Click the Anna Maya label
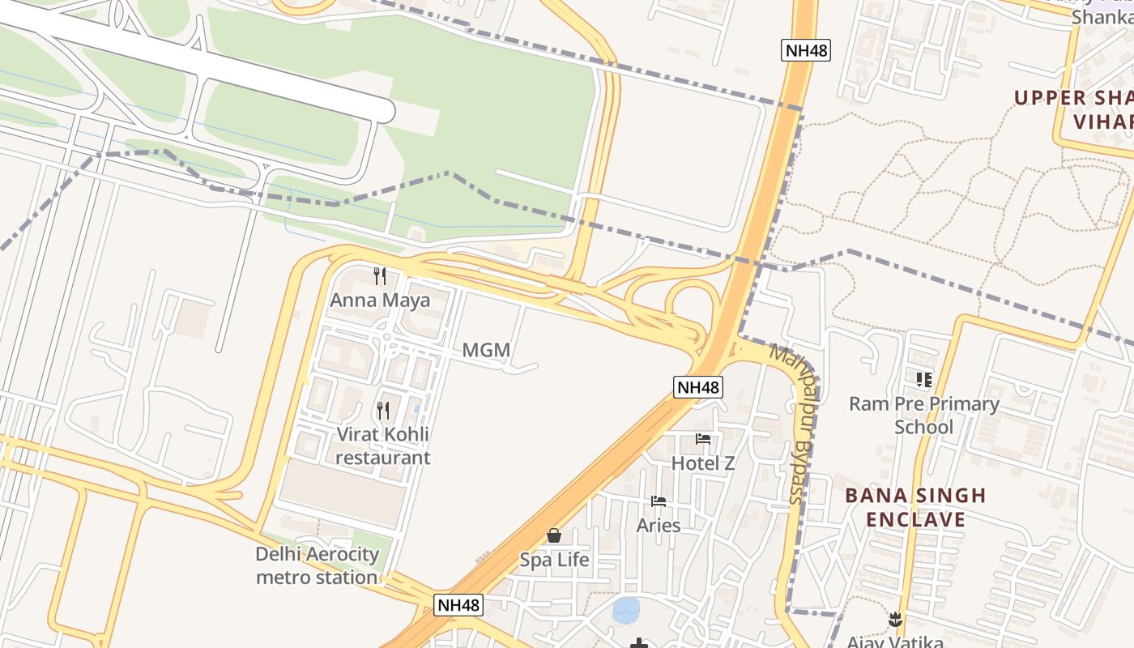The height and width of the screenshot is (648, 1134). click(380, 301)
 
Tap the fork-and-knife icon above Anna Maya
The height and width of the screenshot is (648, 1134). click(380, 276)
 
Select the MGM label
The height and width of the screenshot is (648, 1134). click(486, 351)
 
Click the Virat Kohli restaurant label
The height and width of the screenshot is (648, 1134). click(383, 446)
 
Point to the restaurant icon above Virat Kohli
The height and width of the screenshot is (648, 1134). click(383, 411)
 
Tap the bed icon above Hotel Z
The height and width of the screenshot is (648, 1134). click(703, 439)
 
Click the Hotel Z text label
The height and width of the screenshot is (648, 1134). click(703, 463)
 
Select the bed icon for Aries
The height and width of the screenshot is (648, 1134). click(659, 501)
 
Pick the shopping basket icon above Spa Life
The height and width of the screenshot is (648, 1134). click(554, 535)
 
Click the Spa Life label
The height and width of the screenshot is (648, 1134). click(554, 560)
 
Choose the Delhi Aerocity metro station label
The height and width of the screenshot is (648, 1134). click(317, 565)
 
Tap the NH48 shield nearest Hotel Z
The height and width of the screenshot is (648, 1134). click(697, 387)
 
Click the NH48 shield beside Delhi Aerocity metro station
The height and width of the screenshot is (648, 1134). click(458, 604)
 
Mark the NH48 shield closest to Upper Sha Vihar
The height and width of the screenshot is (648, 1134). click(806, 50)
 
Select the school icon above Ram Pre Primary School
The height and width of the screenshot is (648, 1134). click(923, 379)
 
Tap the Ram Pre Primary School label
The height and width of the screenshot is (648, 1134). click(923, 415)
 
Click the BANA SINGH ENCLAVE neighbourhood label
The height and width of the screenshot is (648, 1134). click(915, 507)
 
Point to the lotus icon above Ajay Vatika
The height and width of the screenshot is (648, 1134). click(895, 620)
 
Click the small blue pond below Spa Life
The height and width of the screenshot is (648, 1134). click(626, 610)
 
